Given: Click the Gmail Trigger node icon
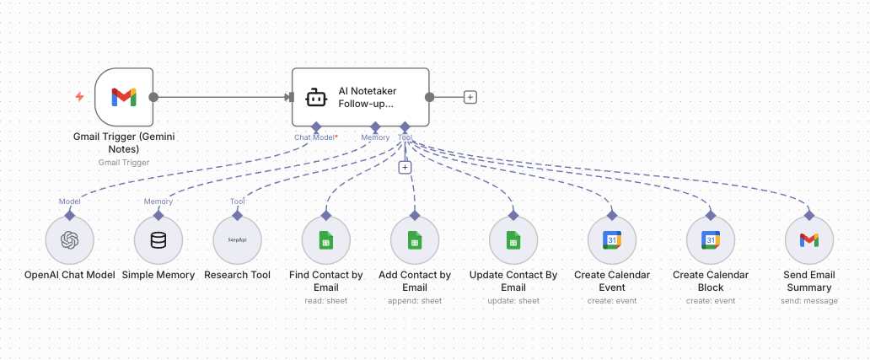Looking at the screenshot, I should pyautogui.click(x=123, y=97).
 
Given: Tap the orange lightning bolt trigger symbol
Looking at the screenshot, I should pyautogui.click(x=80, y=97).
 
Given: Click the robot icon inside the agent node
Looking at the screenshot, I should pyautogui.click(x=315, y=98).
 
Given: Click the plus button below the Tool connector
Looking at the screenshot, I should pyautogui.click(x=405, y=167).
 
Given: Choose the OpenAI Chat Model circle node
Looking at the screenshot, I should pyautogui.click(x=69, y=240).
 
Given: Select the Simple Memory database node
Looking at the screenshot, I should pyautogui.click(x=158, y=240).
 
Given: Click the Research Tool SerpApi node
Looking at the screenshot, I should pyautogui.click(x=238, y=240).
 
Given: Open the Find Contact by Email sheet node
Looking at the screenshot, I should pyautogui.click(x=325, y=240).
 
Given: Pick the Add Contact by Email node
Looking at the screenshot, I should pyautogui.click(x=415, y=240).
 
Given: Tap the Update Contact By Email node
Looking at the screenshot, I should pyautogui.click(x=513, y=240).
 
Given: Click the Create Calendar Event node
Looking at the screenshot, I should pyautogui.click(x=611, y=240).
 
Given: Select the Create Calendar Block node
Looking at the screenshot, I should pyautogui.click(x=711, y=240).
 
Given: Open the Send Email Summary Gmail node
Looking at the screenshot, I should pyautogui.click(x=808, y=240).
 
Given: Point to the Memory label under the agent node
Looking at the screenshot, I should pyautogui.click(x=375, y=137).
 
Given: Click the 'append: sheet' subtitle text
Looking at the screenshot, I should pyautogui.click(x=415, y=300).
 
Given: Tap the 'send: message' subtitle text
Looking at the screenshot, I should pyautogui.click(x=808, y=300).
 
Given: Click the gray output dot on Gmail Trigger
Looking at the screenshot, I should pyautogui.click(x=153, y=97).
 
